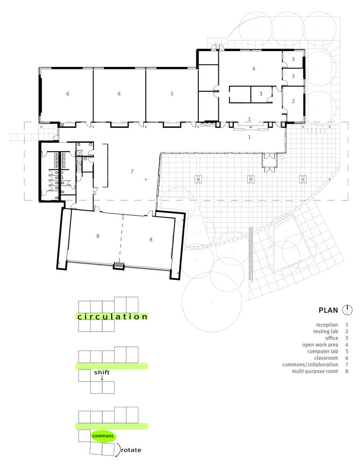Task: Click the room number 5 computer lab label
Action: pos(172,94)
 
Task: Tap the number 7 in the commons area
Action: pos(132,171)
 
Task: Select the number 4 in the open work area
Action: pos(254,68)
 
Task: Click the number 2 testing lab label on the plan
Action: pos(293,101)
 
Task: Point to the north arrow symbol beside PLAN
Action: pos(347,310)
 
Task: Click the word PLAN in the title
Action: pos(328,310)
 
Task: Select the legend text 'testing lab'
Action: pos(326,332)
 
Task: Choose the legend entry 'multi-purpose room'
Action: pos(315,371)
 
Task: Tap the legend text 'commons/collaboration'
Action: pos(310,365)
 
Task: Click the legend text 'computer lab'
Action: pos(323,351)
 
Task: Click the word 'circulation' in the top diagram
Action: pos(112,317)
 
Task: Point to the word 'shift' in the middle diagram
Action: pos(102,373)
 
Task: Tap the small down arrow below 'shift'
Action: pos(102,378)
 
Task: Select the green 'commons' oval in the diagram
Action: pos(103,436)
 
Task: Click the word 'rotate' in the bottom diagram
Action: pos(131,450)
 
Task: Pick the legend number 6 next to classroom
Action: pos(347,358)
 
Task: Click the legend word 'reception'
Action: pos(327,325)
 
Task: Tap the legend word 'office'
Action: pos(331,338)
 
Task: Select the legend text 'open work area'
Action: pos(320,345)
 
